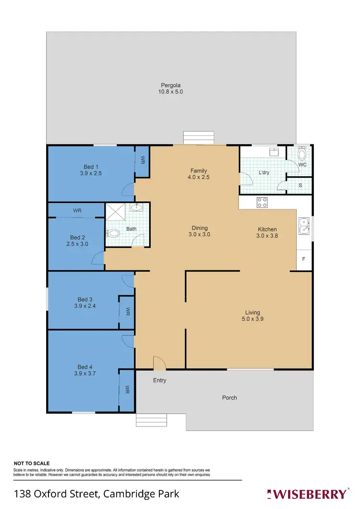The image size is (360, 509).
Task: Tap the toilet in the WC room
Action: click(x=302, y=154)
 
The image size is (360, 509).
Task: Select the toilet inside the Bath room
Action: click(x=113, y=234)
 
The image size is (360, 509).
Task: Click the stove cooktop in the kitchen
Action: click(x=263, y=203)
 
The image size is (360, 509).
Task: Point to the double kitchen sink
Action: click(x=303, y=226)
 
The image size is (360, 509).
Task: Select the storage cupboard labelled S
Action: click(x=300, y=185)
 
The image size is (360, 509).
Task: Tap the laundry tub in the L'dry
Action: click(x=274, y=152)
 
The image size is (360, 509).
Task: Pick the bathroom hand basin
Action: click(x=138, y=207)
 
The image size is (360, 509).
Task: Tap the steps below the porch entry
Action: click(x=149, y=420)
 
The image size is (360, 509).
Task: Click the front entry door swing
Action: click(x=159, y=363)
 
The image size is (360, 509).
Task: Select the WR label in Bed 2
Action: click(x=77, y=211)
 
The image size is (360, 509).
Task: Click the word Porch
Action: click(x=229, y=398)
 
